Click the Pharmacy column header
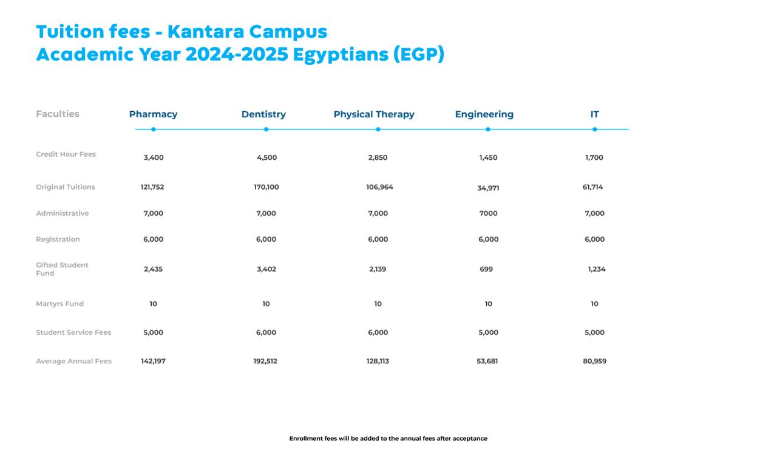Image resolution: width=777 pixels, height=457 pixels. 153,114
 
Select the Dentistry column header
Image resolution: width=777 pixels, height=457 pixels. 263,114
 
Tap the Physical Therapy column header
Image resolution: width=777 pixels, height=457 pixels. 374,114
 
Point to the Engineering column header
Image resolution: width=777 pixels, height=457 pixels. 484,114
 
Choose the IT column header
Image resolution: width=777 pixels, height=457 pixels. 594,114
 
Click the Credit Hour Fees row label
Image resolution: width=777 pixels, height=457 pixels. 66,154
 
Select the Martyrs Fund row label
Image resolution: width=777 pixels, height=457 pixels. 59,304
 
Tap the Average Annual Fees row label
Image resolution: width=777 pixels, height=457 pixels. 73,361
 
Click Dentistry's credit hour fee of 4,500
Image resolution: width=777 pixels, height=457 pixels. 266,157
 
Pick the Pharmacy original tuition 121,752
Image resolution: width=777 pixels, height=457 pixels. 152,187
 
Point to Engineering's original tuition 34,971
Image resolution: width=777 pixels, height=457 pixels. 488,188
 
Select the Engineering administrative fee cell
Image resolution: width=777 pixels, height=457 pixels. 488,213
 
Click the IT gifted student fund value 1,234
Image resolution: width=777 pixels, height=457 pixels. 596,269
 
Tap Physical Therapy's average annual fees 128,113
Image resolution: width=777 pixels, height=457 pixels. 378,361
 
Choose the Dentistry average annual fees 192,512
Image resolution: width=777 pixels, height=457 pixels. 265,361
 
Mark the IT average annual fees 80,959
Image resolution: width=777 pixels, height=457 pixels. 594,361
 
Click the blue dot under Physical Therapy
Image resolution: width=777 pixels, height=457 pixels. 378,129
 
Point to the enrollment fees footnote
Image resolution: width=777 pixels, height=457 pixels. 388,438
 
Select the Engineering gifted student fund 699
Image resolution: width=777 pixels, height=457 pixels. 486,269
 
